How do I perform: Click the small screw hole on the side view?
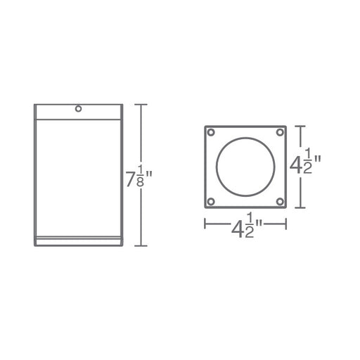point(78,109)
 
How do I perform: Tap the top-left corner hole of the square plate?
point(211,132)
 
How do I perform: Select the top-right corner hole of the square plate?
point(280,132)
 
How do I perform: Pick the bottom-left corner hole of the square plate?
point(211,201)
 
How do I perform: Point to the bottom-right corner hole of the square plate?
point(280,201)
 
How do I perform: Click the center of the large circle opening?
point(245,167)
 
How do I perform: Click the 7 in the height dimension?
point(131,179)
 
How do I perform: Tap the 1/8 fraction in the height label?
point(140,176)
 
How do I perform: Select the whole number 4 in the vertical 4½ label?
point(296,165)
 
